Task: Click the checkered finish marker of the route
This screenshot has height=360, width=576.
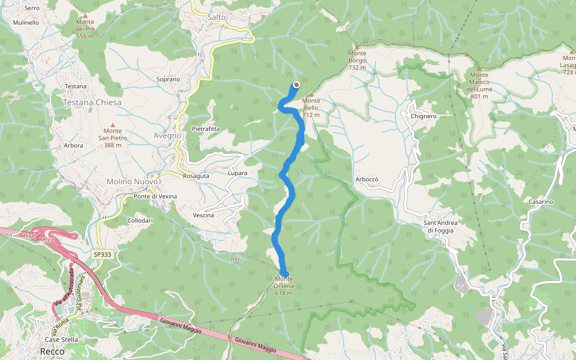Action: click(296, 85)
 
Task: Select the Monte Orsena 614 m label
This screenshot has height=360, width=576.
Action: click(284, 286)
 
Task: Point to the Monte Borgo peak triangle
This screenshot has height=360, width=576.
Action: click(357, 46)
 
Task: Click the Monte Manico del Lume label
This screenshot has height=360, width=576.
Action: click(479, 85)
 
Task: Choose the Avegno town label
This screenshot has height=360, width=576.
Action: click(167, 136)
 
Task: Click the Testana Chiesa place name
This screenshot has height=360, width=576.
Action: click(92, 103)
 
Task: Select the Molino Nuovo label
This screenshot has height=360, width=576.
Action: click(132, 181)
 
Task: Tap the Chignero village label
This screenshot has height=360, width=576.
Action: click(424, 116)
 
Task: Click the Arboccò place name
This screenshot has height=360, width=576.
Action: click(367, 179)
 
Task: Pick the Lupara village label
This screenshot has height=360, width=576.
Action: click(238, 173)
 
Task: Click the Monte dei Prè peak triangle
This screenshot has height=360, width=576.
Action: click(85, 16)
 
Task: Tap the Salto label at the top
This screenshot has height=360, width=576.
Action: click(217, 17)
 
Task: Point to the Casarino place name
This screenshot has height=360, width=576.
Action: click(541, 202)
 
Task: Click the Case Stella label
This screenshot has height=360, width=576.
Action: click(62, 340)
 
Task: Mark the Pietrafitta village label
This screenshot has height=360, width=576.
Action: click(206, 129)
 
